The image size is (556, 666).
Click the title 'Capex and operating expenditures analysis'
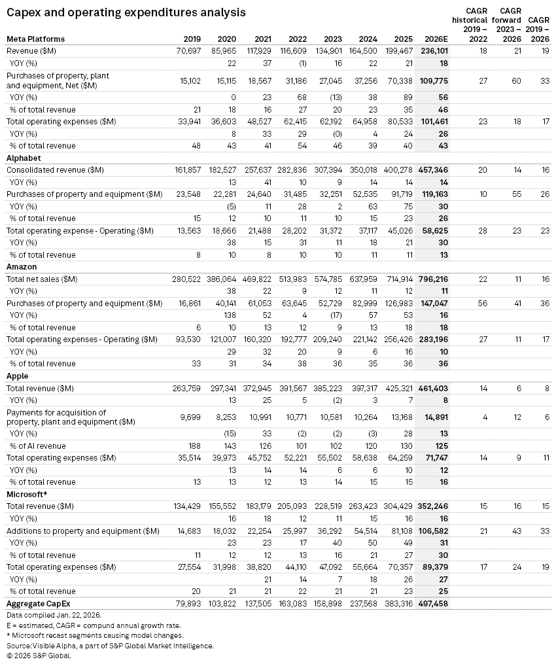(x=126, y=12)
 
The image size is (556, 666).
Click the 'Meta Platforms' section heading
(x=35, y=39)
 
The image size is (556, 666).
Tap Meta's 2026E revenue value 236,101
(x=434, y=51)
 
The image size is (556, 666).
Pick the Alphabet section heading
(x=24, y=158)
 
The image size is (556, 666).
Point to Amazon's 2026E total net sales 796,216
(x=434, y=279)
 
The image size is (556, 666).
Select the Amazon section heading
(x=22, y=267)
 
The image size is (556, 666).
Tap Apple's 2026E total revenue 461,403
(x=434, y=389)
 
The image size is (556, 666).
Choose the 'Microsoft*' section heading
(x=26, y=494)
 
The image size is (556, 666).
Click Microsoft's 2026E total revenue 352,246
(x=434, y=506)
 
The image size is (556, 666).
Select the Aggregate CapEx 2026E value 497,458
(x=434, y=603)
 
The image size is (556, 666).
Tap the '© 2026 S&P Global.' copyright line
(x=39, y=656)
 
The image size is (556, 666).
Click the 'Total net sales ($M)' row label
(x=42, y=279)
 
